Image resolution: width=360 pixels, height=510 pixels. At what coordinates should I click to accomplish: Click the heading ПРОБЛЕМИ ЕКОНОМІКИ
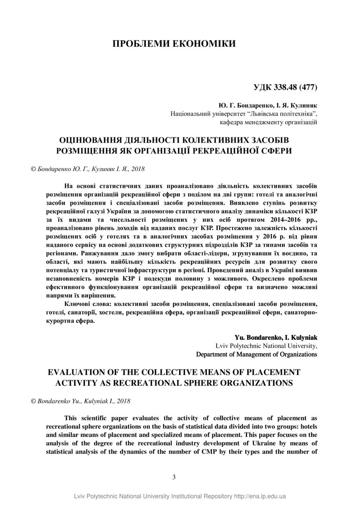click(174, 44)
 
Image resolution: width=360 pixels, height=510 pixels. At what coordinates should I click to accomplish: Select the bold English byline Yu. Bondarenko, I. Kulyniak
click(276, 338)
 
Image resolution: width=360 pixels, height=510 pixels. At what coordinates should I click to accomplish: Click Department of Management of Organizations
click(256, 354)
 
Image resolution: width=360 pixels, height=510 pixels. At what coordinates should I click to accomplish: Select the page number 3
click(174, 477)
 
